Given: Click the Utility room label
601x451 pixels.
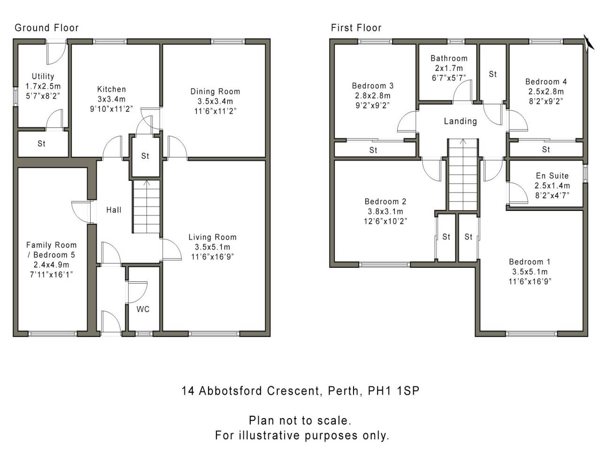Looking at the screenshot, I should click(43, 76).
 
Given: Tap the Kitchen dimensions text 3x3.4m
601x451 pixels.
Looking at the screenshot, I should click(111, 99).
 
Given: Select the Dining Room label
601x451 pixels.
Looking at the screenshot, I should click(215, 92).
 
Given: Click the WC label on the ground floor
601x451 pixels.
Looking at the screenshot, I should click(143, 309).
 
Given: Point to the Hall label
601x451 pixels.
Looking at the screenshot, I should click(114, 210).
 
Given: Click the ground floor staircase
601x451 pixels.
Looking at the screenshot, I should click(146, 207).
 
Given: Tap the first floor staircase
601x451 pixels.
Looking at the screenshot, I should click(462, 175).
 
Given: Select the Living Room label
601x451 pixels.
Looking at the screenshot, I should click(212, 237).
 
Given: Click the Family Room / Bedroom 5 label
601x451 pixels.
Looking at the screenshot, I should click(51, 250).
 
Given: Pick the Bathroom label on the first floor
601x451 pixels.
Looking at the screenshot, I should click(449, 58).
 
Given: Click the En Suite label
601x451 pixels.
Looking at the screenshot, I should click(552, 176).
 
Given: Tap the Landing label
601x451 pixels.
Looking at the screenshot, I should click(460, 121).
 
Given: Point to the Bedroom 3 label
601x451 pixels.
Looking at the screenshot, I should click(373, 86).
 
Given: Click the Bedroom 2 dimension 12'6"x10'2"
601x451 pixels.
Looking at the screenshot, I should click(385, 221).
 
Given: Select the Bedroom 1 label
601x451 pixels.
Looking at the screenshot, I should click(530, 262).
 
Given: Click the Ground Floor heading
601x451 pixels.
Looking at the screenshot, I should click(46, 28).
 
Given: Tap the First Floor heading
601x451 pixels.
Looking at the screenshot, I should click(356, 28).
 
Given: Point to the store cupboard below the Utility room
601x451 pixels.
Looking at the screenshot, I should click(41, 144).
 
